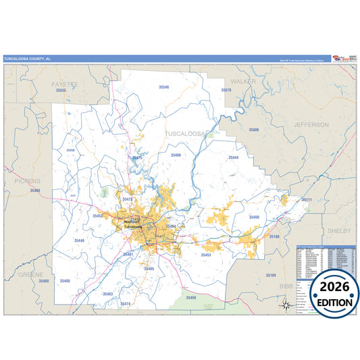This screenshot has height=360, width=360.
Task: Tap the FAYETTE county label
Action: click(65, 84)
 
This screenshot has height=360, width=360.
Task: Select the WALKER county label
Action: click(244, 81)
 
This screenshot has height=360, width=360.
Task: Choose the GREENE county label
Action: click(30, 275)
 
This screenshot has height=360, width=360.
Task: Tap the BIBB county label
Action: click(286, 286)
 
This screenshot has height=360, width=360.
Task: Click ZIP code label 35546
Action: click(164, 87)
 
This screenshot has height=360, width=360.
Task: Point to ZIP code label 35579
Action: click(227, 90)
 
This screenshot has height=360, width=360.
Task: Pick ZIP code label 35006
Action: click(254, 129)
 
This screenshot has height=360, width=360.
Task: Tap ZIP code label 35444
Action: click(233, 157)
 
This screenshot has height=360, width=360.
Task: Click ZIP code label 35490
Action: click(253, 217)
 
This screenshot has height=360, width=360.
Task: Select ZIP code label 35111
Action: click(306, 200)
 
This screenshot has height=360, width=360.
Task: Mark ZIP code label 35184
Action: click(271, 276)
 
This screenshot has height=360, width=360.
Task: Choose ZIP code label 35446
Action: click(80, 240)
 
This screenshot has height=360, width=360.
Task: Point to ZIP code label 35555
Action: click(61, 90)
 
